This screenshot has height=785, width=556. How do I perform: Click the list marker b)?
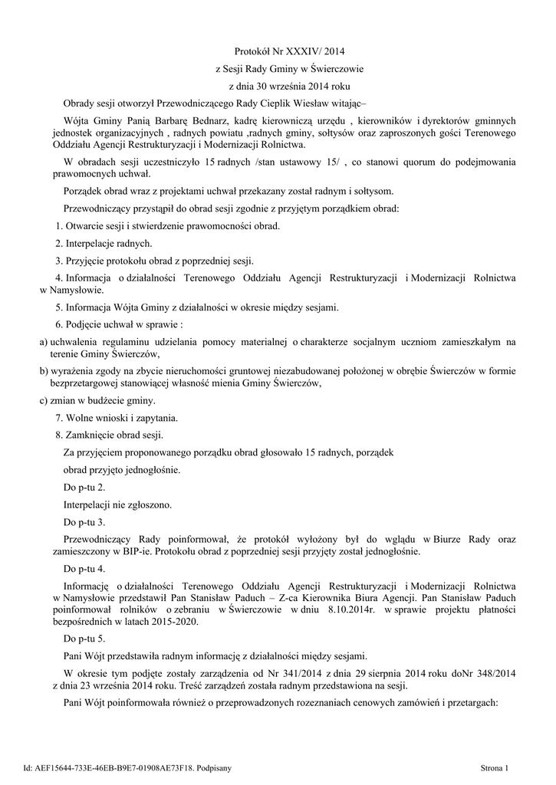[44, 370]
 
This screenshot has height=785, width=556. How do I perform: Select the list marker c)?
[44, 400]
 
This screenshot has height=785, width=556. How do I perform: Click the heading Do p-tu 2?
[84, 487]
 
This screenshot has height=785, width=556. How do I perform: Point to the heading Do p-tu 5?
[84, 638]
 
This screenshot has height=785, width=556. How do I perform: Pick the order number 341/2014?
[299, 673]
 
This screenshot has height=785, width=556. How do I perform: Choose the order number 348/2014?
[492, 673]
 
